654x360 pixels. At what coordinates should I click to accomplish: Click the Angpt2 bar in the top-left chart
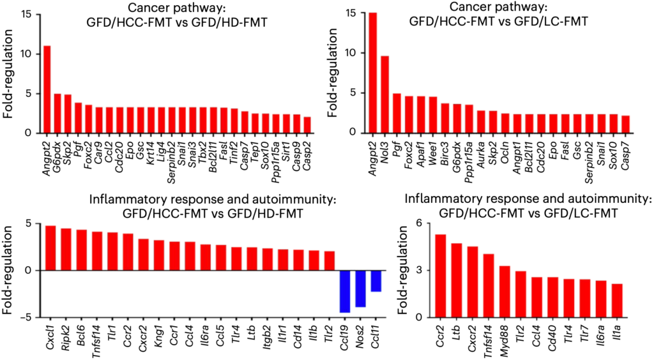[47, 89]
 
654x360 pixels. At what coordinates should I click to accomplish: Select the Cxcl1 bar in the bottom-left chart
[50, 248]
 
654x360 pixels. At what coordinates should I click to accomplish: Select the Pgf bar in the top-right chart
[396, 113]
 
